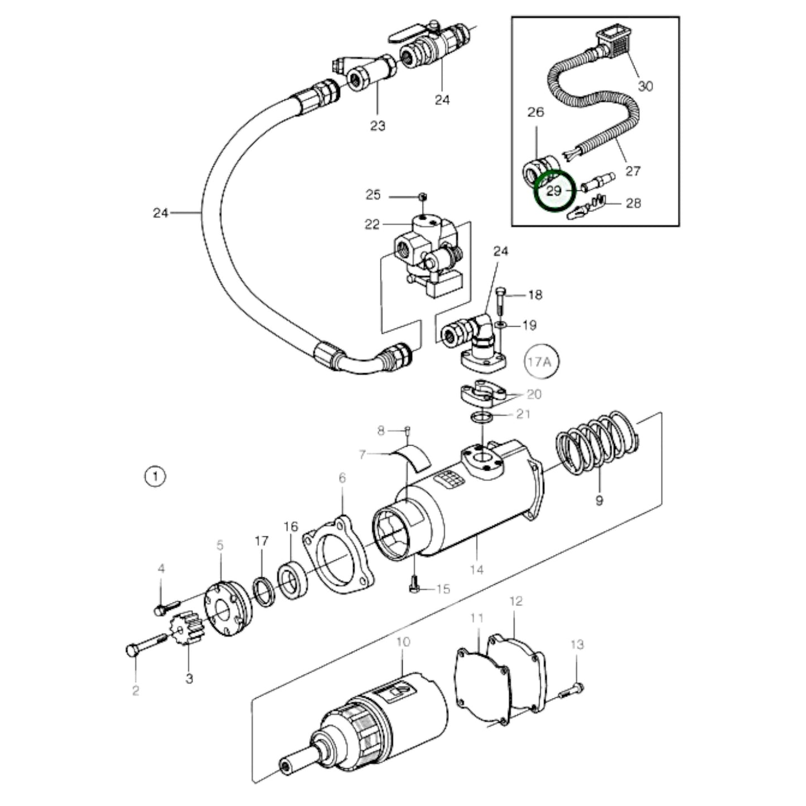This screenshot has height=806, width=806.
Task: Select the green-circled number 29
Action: point(553,191)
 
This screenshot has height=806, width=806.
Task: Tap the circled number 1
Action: point(155,477)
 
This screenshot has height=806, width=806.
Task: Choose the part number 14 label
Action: point(476,569)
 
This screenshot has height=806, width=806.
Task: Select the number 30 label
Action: point(645,86)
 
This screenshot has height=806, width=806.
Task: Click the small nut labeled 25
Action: point(422,196)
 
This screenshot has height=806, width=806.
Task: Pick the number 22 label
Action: point(372,224)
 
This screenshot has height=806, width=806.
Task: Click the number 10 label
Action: point(403,642)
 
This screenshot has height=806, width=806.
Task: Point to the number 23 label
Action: point(378,126)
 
